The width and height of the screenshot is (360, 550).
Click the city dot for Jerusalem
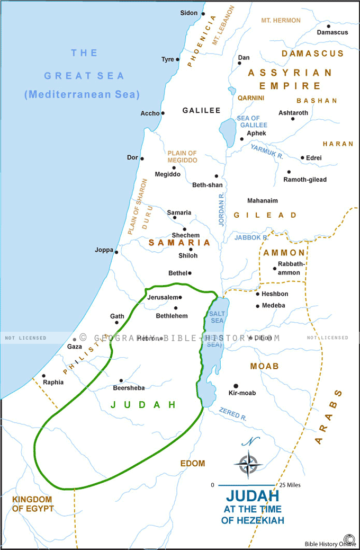click(180, 297)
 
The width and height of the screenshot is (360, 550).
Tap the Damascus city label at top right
click(332, 32)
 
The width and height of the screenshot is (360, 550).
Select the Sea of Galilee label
click(249, 121)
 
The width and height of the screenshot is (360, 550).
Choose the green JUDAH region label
click(143, 404)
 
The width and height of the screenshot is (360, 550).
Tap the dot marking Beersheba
click(121, 380)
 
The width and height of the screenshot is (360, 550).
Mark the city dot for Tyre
click(178, 59)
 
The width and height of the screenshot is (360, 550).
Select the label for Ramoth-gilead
click(305, 180)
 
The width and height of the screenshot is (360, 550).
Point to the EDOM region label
click(193, 463)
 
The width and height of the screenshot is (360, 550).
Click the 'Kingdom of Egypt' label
click(33, 504)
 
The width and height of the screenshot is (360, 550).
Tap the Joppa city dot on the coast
click(117, 252)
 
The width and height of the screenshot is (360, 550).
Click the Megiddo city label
click(167, 174)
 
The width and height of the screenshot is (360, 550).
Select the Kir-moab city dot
click(236, 386)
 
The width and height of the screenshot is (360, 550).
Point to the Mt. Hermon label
click(281, 21)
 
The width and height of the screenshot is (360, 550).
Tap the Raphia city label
click(53, 382)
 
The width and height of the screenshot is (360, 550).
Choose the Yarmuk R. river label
click(267, 152)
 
